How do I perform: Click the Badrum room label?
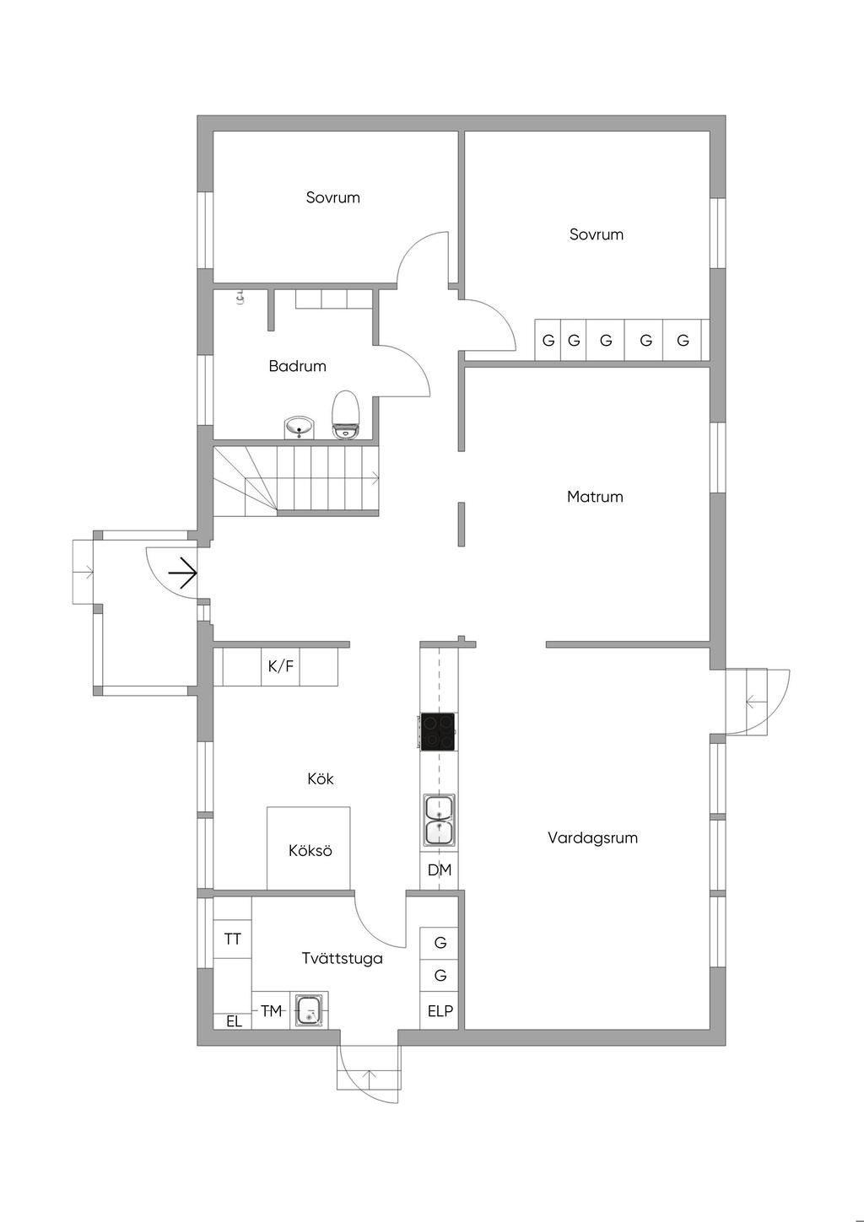[x=298, y=365]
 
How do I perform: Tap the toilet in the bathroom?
[x=345, y=415]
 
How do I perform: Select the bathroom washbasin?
[x=299, y=428]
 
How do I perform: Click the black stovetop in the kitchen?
[x=438, y=731]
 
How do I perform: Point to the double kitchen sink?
[x=440, y=820]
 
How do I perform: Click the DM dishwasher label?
[x=440, y=870]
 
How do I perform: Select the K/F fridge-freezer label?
[x=280, y=666]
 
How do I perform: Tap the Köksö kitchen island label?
[x=310, y=850]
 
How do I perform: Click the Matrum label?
[x=595, y=497]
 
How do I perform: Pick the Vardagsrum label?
[x=593, y=837]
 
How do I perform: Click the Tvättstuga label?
[x=343, y=958]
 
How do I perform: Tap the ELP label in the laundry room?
[x=440, y=1011]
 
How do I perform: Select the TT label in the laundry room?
[x=233, y=939]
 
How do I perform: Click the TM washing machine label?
[x=271, y=1011]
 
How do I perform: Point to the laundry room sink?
[x=310, y=1009]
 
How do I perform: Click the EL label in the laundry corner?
[x=235, y=1022]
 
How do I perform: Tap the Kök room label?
[x=321, y=778]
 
